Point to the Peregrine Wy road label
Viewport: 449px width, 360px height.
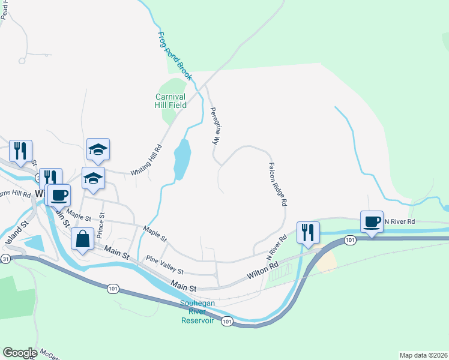(x=214, y=127)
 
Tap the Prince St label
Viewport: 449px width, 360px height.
(x=101, y=223)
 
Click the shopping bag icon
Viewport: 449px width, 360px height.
(x=83, y=239)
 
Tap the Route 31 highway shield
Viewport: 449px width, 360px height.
(x=5, y=259)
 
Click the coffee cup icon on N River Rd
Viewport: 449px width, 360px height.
(x=372, y=221)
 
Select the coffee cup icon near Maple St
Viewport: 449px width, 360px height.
(x=59, y=194)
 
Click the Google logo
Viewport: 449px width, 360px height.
(x=20, y=352)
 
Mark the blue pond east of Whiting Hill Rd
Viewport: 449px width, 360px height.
(x=182, y=159)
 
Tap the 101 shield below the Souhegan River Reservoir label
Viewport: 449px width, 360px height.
(x=226, y=322)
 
